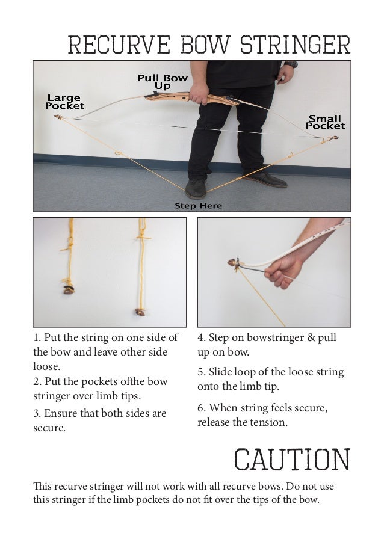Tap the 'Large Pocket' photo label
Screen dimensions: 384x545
click(64, 102)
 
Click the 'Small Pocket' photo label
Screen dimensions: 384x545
click(325, 122)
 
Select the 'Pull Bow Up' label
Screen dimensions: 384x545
click(163, 82)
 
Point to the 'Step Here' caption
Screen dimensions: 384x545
click(198, 206)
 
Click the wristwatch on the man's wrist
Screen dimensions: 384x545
click(291, 64)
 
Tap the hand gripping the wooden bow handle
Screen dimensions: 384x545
click(199, 93)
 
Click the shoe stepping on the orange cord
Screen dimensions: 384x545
click(196, 189)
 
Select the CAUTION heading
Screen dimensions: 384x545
click(292, 459)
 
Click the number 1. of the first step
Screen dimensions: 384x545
click(37, 337)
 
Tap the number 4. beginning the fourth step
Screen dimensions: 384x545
click(202, 337)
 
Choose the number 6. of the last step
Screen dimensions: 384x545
click(202, 408)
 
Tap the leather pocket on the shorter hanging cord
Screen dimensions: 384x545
click(69, 289)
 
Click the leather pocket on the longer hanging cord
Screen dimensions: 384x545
click(141, 312)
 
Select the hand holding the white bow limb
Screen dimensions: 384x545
click(283, 271)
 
